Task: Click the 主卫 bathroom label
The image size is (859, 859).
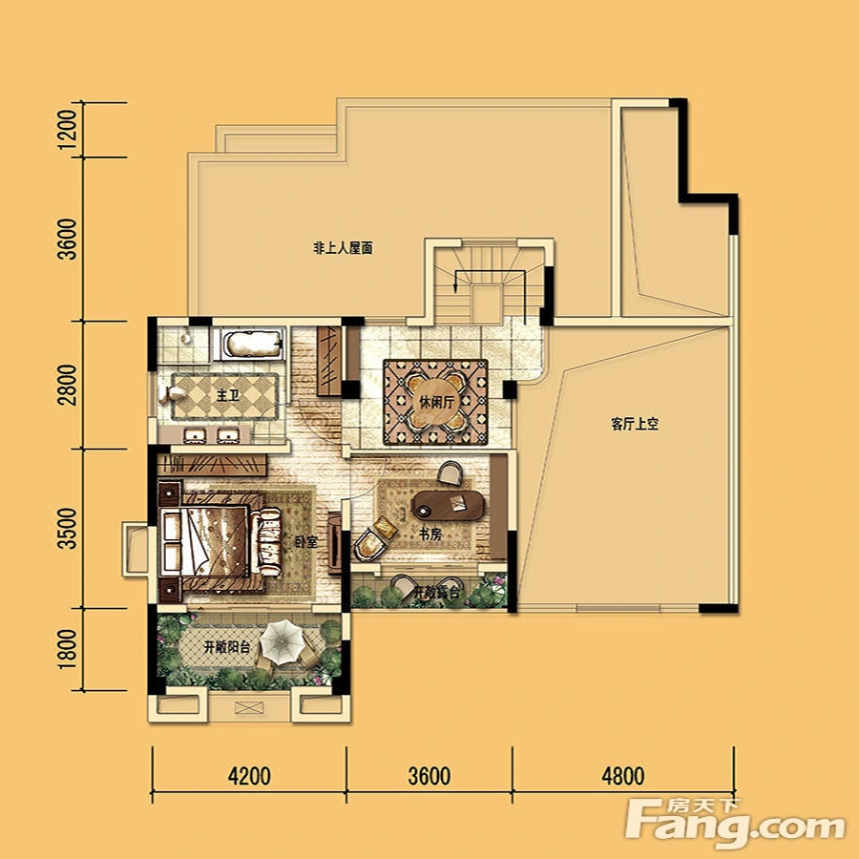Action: tap(228, 395)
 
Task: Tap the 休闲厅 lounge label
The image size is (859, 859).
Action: tap(436, 403)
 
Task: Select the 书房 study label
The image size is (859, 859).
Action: tap(430, 534)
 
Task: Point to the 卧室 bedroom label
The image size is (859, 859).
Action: tap(306, 542)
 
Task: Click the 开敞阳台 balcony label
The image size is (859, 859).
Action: tap(227, 647)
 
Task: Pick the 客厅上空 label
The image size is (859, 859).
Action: tap(635, 424)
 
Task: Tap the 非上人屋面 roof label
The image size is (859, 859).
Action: tap(343, 249)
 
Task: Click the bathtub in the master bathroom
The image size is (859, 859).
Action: tap(249, 344)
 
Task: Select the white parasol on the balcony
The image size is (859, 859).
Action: tap(283, 641)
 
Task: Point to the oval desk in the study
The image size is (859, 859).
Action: tap(449, 505)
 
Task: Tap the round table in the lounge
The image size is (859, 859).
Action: tap(436, 403)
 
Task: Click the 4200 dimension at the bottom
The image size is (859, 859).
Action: tap(249, 776)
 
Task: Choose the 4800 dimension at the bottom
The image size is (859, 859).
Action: tap(623, 776)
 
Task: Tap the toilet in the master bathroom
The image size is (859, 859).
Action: tap(172, 394)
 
